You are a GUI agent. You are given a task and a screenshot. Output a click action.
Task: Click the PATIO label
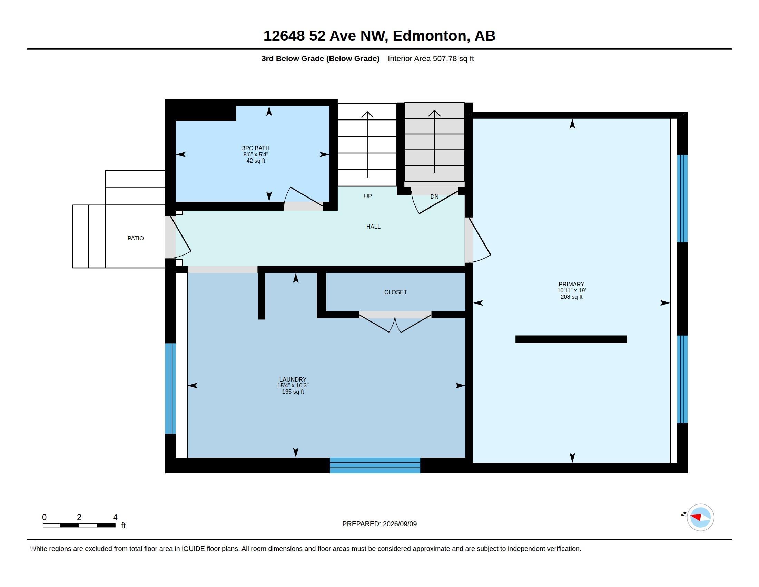coord(136,238)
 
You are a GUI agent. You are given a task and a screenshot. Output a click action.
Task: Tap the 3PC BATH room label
coord(256,148)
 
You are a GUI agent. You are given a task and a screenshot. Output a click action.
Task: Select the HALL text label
coord(373,227)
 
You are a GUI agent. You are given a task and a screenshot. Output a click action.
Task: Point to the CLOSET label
coord(395,292)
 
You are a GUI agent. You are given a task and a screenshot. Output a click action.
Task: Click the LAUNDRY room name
coord(293,379)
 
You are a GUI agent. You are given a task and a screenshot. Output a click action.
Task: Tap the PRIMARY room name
coord(571,284)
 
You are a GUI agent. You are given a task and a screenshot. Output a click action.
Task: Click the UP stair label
coord(368,196)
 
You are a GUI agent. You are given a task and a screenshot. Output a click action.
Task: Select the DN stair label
coord(434,196)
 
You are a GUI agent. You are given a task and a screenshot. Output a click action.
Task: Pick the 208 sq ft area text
coord(571,297)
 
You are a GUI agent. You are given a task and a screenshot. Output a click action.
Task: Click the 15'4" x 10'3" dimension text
coord(293,385)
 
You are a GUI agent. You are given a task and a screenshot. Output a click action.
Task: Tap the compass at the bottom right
coord(700,518)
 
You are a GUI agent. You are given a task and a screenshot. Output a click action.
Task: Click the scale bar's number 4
coord(115,517)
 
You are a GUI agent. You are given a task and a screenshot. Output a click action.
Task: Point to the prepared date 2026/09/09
coord(400,524)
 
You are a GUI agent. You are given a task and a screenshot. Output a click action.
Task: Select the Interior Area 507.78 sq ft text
coord(431,58)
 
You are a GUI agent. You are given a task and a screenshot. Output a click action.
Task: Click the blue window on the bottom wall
coord(375,465)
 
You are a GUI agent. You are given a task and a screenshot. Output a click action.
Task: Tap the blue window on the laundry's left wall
coord(170,388)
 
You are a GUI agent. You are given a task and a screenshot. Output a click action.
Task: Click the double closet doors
coord(395,322)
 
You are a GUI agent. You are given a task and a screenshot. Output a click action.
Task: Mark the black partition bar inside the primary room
coord(571,339)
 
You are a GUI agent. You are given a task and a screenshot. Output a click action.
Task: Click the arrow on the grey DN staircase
coord(434,142)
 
